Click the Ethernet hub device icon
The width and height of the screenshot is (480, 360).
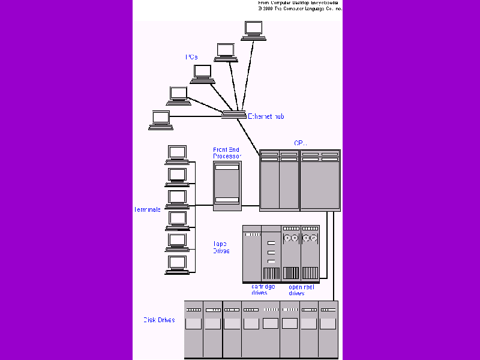233,115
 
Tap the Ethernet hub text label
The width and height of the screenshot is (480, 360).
266,116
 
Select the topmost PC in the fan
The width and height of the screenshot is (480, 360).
253,31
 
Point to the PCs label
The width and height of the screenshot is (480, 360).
191,58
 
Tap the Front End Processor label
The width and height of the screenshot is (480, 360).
227,152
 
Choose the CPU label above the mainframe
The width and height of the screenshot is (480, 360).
300,143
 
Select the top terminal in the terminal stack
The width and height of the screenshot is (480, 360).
177,154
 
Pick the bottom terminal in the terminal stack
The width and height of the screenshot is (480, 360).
177,265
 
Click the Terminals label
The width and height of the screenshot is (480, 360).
147,209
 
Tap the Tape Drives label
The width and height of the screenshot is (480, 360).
221,247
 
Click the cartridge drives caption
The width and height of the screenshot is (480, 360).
263,290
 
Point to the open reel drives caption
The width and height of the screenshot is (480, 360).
301,290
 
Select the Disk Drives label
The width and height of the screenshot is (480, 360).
158,320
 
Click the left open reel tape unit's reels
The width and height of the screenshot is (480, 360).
291,239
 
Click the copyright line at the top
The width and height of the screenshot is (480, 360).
300,9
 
